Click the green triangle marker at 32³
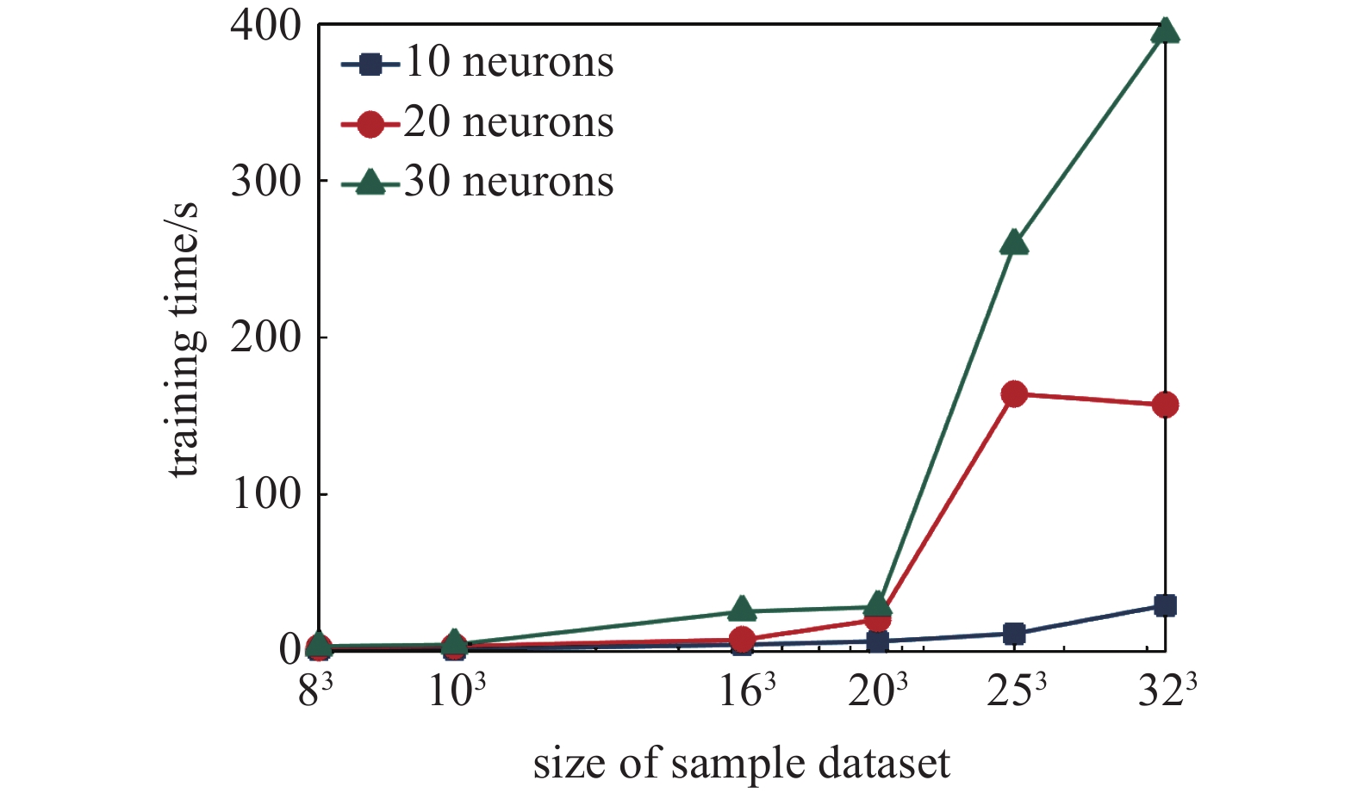1165,32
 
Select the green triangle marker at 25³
1014,244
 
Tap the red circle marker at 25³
1014,394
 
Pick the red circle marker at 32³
1165,405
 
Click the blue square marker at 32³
1165,605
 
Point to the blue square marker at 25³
1014,634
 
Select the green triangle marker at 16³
742,610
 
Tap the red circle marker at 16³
742,640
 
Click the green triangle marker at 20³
877,604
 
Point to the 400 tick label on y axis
265,26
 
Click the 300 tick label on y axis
265,182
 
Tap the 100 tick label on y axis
265,494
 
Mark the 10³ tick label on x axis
457,691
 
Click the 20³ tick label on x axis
878,691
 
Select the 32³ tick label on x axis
1167,691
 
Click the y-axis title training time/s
184,340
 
